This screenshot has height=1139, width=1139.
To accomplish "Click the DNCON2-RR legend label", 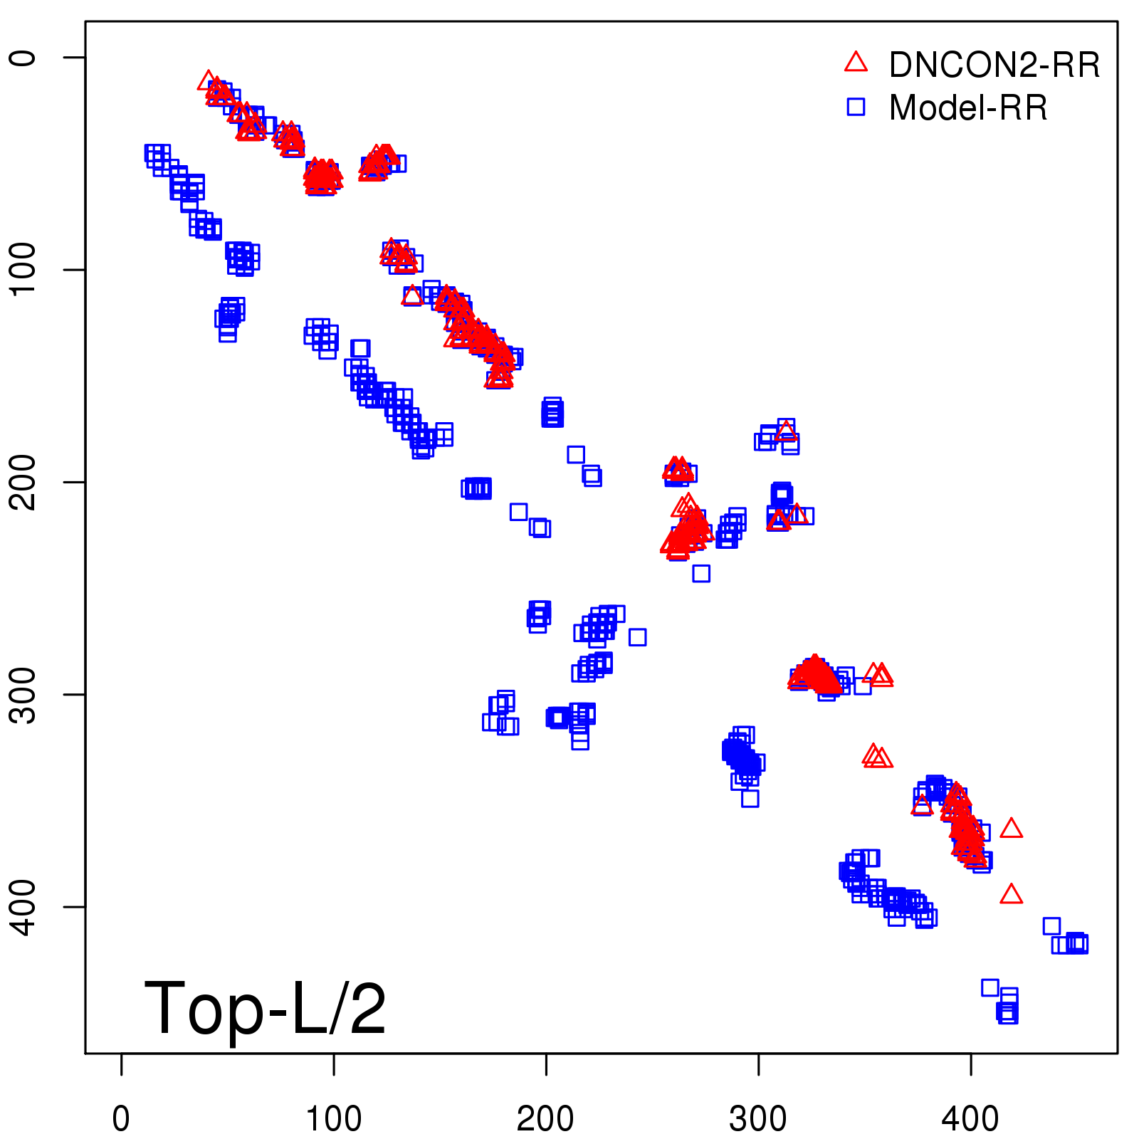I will pyautogui.click(x=994, y=65).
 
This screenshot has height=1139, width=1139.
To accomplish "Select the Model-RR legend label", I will pyautogui.click(x=968, y=108).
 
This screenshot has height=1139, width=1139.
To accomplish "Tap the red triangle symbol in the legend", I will pyautogui.click(x=856, y=63).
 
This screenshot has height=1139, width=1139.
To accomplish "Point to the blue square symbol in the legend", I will pyautogui.click(x=856, y=107).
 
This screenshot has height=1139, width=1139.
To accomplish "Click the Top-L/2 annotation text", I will pyautogui.click(x=265, y=1009).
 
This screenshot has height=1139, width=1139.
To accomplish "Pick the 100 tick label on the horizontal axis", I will pyautogui.click(x=333, y=1118).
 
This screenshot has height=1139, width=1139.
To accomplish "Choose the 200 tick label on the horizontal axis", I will pyautogui.click(x=545, y=1118).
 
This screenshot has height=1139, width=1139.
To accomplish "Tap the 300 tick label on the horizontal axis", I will pyautogui.click(x=758, y=1118).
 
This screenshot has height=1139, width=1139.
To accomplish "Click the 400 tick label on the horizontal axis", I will pyautogui.click(x=970, y=1118).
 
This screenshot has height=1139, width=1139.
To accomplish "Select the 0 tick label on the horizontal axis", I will pyautogui.click(x=121, y=1118).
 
